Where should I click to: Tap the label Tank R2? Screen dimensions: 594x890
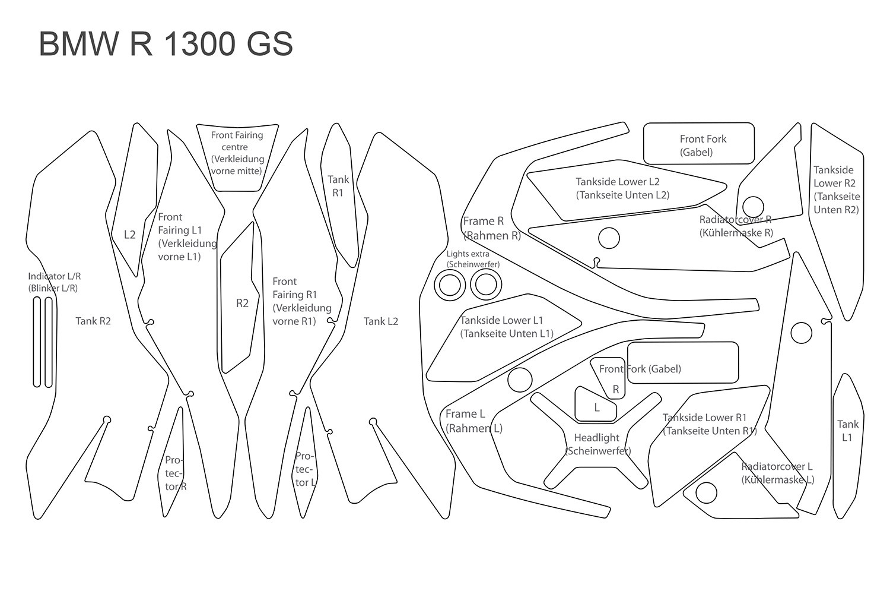[x=93, y=321]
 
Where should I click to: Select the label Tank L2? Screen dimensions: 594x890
[x=381, y=321]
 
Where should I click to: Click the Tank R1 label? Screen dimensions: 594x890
[x=338, y=186]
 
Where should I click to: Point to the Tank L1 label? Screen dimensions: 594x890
[x=847, y=431]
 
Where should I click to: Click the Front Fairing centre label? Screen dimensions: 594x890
[x=237, y=153]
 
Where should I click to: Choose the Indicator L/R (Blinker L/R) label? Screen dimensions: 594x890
[x=55, y=282]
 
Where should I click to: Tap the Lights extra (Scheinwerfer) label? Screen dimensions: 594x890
[x=472, y=259]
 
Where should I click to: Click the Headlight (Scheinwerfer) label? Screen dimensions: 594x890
[x=597, y=444]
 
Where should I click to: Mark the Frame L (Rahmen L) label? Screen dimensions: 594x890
[x=473, y=421]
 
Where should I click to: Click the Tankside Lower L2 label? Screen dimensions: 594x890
[x=622, y=188]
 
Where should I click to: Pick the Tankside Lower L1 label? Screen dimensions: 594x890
[x=506, y=327]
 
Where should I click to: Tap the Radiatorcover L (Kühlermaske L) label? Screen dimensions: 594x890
[x=777, y=473]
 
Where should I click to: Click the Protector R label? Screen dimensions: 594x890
[x=176, y=473]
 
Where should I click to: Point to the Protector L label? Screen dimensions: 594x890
[x=305, y=469]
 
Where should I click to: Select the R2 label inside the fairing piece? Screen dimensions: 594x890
[x=242, y=304]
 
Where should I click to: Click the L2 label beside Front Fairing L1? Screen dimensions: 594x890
[x=129, y=235]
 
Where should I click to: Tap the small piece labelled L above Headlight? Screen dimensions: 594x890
[x=596, y=407]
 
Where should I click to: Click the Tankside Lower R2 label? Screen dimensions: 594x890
[x=836, y=189]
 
